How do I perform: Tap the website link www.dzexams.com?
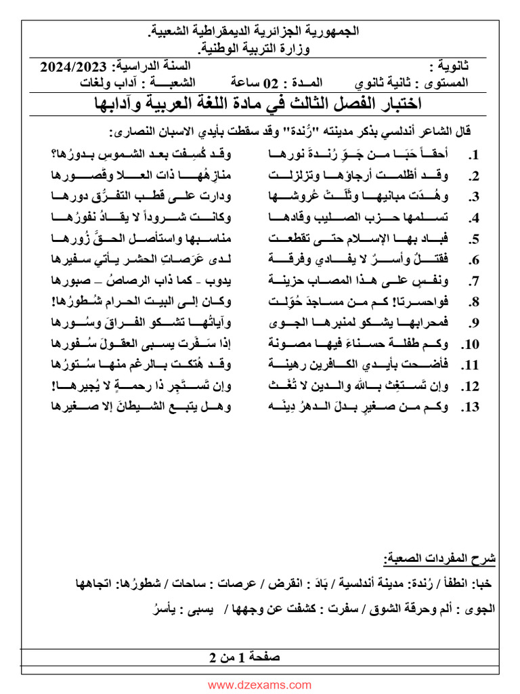pyautogui.click(x=259, y=685)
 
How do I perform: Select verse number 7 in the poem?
pyautogui.click(x=475, y=281)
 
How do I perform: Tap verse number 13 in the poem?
pyautogui.click(x=471, y=407)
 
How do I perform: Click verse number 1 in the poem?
pyautogui.click(x=475, y=155)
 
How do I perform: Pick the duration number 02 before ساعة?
pyautogui.click(x=271, y=83)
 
